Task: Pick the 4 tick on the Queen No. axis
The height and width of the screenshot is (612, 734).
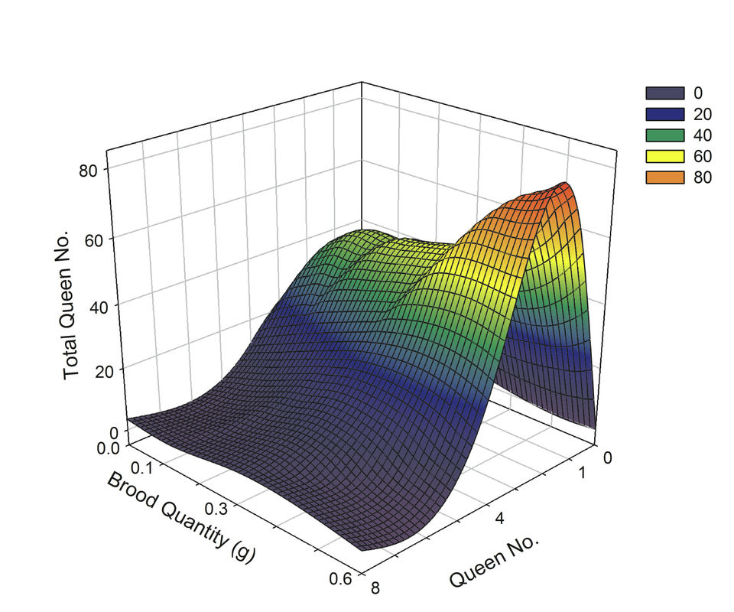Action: pos(499,519)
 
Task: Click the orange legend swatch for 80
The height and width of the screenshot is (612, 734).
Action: pos(664,177)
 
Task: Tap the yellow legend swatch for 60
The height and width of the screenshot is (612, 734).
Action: pos(664,157)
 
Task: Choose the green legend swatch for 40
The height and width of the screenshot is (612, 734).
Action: pos(664,135)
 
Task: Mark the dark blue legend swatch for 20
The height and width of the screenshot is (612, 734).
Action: pos(664,114)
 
